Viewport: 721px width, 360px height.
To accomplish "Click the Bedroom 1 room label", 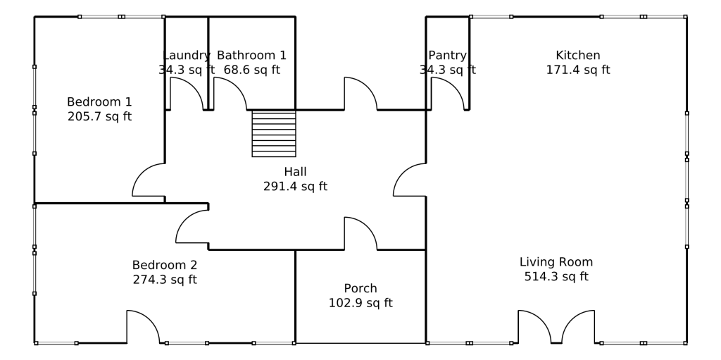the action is click(99, 101).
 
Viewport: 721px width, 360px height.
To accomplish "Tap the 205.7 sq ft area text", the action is click(99, 116).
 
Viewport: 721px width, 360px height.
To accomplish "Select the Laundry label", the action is click(186, 56).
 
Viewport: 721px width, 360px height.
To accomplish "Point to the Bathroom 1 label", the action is click(251, 55).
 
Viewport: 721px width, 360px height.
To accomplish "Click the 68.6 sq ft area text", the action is click(251, 70).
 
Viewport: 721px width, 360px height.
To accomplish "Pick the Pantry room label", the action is click(447, 56).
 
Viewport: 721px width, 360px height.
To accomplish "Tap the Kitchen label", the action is click(578, 55).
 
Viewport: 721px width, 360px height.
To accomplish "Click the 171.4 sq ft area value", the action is click(578, 70).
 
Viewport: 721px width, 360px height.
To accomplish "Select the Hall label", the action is click(295, 172).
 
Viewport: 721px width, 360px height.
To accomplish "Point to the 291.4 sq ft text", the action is click(295, 187).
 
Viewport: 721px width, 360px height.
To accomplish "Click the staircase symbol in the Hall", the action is click(274, 134).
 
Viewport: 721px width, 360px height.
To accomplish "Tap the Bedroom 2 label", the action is click(165, 265).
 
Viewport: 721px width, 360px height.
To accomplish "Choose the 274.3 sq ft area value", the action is click(165, 280).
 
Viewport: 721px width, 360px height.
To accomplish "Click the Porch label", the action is click(360, 289).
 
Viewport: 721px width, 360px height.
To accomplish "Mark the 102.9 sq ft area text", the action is click(360, 304).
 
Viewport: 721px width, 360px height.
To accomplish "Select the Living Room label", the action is click(556, 262).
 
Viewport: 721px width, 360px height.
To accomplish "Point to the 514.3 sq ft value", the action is click(556, 277).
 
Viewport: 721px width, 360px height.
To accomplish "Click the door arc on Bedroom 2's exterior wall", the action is click(150, 320).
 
